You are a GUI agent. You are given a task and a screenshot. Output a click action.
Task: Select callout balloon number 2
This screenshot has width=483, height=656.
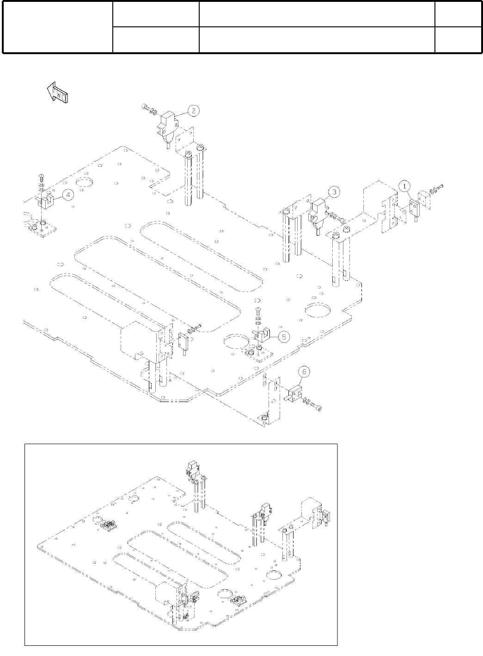click(194, 111)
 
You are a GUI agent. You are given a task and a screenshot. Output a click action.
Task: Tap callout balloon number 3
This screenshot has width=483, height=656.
click(334, 191)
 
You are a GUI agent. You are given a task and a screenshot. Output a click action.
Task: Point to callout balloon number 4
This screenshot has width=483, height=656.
click(68, 195)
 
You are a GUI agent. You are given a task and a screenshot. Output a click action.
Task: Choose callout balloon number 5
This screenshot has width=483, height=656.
click(284, 336)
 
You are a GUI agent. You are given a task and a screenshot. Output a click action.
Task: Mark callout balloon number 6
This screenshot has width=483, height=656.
click(304, 371)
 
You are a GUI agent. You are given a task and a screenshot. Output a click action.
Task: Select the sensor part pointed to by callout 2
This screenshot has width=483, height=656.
click(167, 125)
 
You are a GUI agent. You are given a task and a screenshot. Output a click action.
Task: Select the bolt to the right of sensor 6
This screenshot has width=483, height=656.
click(317, 407)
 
